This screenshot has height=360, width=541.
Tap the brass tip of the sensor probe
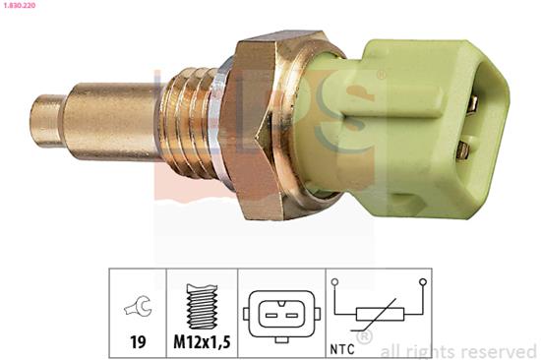pyautogui.click(x=46, y=120)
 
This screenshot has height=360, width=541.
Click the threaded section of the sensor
pyautogui.click(x=188, y=123)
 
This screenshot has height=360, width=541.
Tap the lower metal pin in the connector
pyautogui.click(x=463, y=150)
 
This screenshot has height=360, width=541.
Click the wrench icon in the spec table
pyautogui.click(x=138, y=306)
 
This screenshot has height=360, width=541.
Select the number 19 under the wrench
pyautogui.click(x=138, y=341)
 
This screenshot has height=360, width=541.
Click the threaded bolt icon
pyautogui.click(x=203, y=306)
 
